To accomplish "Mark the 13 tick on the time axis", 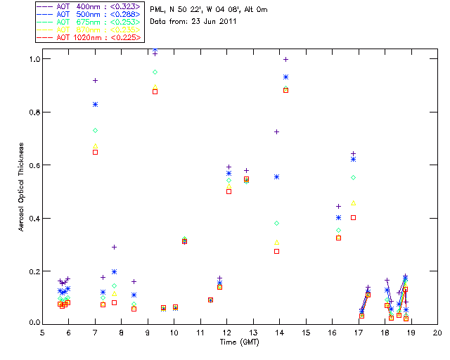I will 253,334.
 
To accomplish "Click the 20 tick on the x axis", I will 437,334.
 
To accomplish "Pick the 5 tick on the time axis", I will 42,334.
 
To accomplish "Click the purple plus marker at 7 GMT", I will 95,80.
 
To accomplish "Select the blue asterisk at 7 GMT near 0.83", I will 95,104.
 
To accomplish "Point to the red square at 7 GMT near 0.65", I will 95,152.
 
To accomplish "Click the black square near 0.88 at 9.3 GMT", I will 155,91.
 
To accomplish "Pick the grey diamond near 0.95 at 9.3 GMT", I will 155,72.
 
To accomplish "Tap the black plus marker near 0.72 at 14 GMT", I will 277,131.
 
